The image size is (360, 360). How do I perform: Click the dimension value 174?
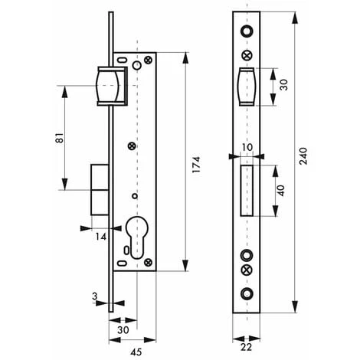tap(196, 165)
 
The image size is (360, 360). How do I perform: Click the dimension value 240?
tap(303, 155)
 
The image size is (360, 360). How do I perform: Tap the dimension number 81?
tap(60, 138)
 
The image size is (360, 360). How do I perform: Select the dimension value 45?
tap(136, 352)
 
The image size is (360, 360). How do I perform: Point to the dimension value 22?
tap(246, 347)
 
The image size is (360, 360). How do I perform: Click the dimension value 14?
tap(101, 237)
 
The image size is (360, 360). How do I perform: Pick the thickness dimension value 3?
tap(95, 296)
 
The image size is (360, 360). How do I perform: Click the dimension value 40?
tap(281, 191)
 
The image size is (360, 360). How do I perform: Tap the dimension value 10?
tap(247, 147)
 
